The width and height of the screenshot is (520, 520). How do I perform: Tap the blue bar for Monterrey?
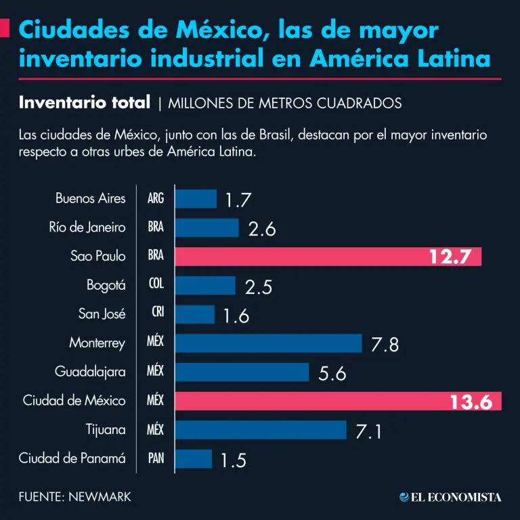[x=268, y=343]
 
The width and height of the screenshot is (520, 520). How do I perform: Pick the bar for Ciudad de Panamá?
[x=194, y=459]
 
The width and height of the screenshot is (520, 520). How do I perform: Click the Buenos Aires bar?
[x=196, y=199]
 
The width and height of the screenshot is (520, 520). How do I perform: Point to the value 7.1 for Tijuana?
[x=370, y=431]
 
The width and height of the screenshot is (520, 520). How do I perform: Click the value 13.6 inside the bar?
[x=471, y=402]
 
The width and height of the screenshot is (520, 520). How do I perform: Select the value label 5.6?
[x=332, y=373]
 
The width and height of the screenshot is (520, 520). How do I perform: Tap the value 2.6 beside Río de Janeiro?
[x=262, y=229]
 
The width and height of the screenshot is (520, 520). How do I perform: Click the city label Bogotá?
[x=106, y=286]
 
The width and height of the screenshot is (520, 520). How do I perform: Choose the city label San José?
[x=102, y=314]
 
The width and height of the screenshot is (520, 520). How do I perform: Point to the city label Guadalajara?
[x=90, y=372]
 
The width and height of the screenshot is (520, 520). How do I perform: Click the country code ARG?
[x=156, y=199]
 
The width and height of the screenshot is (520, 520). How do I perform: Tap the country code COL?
[x=156, y=286]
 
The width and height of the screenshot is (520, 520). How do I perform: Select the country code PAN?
[x=156, y=458]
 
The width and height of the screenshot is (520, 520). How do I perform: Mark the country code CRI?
[x=156, y=314]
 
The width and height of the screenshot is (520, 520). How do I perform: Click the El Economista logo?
[x=450, y=497]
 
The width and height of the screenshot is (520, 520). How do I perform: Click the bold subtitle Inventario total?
[x=85, y=103]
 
